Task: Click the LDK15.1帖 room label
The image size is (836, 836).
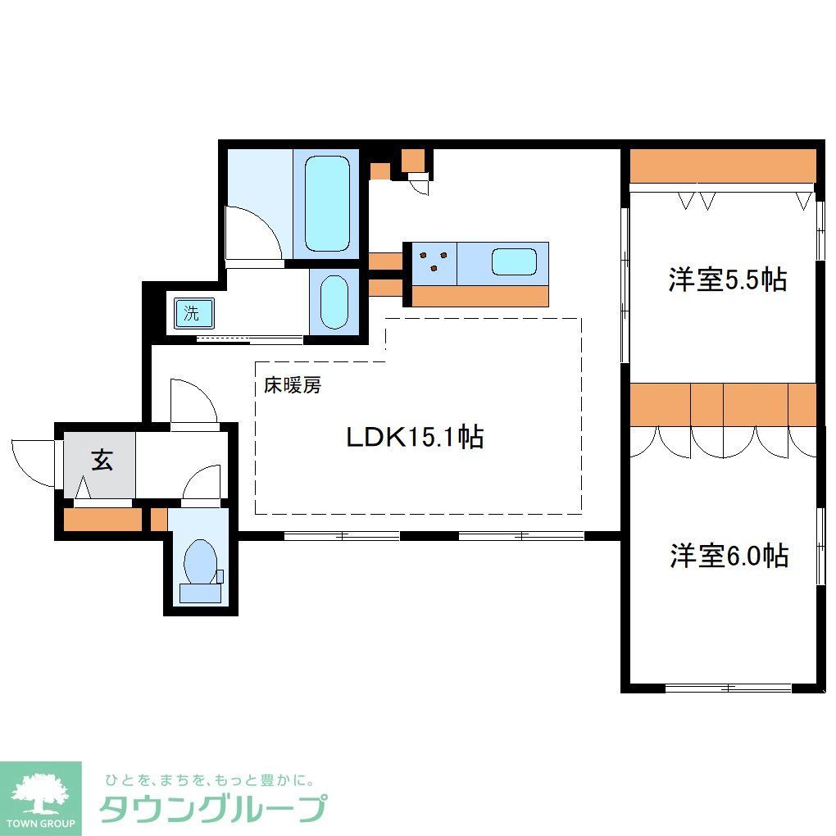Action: tap(414, 437)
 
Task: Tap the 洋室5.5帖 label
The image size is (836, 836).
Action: tap(727, 280)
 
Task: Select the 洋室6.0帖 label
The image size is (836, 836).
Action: tap(729, 557)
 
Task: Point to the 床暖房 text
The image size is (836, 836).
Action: tap(292, 385)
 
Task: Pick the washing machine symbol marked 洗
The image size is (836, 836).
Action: tap(192, 312)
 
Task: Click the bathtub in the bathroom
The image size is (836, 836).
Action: tap(328, 203)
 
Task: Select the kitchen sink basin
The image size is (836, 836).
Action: tap(514, 263)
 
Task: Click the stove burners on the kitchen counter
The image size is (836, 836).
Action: tap(434, 262)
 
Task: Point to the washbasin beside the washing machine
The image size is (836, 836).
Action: tap(334, 302)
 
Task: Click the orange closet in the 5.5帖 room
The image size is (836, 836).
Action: tap(723, 166)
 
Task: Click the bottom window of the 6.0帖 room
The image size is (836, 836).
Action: tap(727, 687)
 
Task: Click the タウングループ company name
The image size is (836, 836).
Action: tap(213, 809)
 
